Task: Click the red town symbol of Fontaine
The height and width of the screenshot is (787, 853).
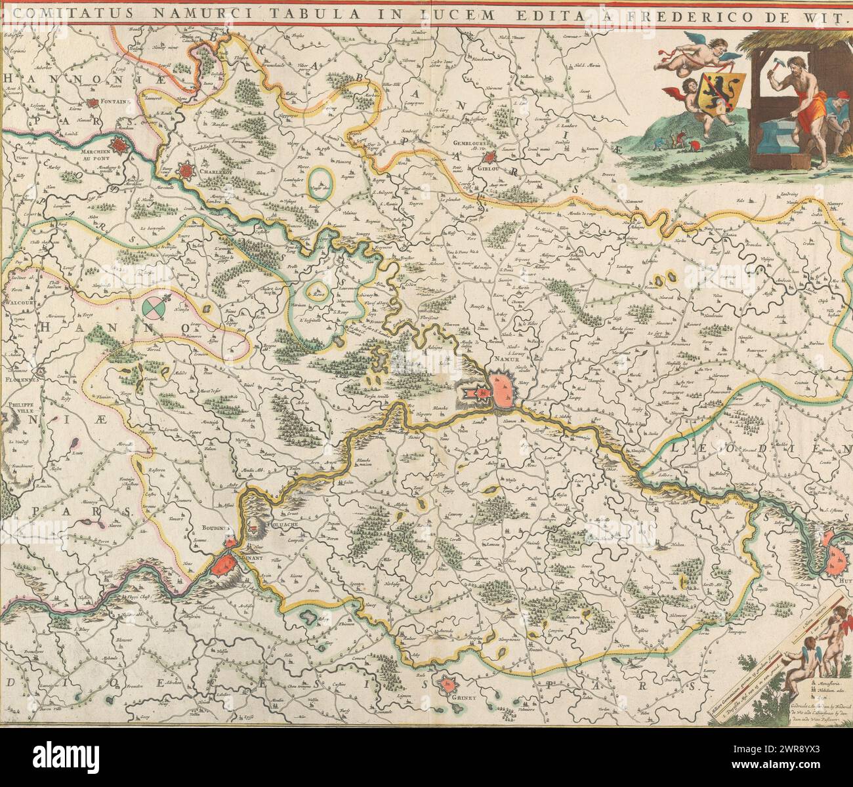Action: coord(98,103)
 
